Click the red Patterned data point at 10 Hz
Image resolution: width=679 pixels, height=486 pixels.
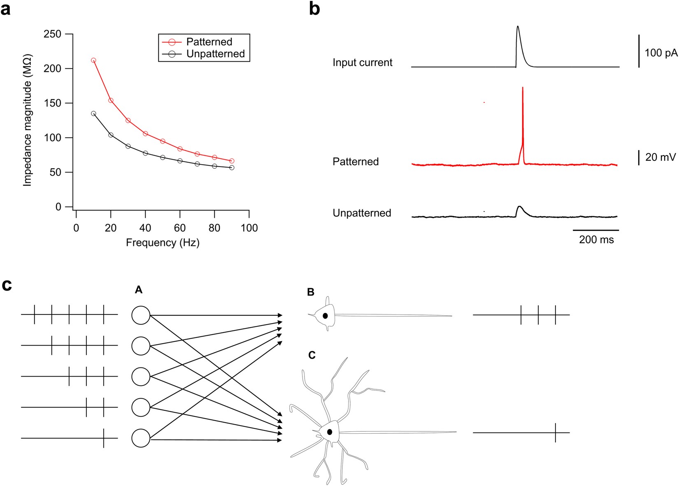click(x=93, y=60)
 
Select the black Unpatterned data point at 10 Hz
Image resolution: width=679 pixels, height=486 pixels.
click(x=93, y=114)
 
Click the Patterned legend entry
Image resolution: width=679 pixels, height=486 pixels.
click(x=209, y=42)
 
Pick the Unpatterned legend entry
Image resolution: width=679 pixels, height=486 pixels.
click(x=215, y=54)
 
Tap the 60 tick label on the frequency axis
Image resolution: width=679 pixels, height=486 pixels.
click(x=180, y=228)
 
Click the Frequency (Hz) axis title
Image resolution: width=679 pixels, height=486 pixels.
click(x=163, y=243)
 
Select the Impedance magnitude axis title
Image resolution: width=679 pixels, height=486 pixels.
click(x=28, y=120)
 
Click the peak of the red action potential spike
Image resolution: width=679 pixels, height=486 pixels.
click(x=523, y=88)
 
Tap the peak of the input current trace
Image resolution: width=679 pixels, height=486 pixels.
click(x=518, y=27)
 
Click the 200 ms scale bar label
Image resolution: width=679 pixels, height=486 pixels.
click(x=596, y=240)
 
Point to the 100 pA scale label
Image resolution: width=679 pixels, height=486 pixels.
click(x=660, y=53)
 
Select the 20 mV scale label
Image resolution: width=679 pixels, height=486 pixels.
click(x=660, y=157)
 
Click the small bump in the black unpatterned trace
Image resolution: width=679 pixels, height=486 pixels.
click(x=520, y=207)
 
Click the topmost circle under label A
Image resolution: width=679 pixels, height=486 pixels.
click(x=141, y=315)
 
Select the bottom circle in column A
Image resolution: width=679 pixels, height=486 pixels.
click(x=141, y=438)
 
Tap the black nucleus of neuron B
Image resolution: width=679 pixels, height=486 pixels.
click(x=325, y=316)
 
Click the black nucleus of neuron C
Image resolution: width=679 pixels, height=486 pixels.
click(x=330, y=432)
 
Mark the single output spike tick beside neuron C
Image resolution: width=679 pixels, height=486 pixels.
click(x=556, y=433)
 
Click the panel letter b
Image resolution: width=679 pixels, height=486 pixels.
click(x=314, y=9)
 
